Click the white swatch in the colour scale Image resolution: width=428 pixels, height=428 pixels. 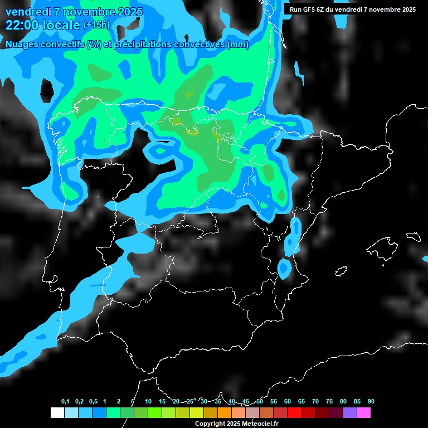tap(57, 412)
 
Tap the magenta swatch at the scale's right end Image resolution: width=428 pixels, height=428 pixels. tap(364, 412)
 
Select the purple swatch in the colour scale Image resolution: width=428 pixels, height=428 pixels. tap(350, 412)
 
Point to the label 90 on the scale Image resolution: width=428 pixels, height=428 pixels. tap(371, 401)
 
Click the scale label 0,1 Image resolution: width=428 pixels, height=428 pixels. tap(65, 401)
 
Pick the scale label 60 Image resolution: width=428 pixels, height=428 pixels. tap(288, 401)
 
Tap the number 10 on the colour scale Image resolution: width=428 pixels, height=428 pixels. tap(148, 401)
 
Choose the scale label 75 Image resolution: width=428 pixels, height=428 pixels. tap(329, 401)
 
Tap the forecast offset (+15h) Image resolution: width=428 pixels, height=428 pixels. tap(96, 25)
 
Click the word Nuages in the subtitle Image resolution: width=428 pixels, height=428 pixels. tap(21, 45)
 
